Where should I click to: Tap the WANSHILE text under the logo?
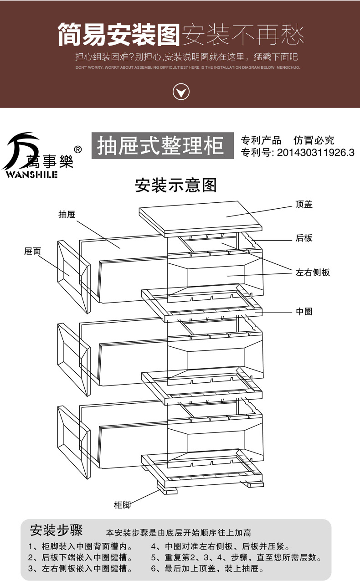click(x=31, y=175)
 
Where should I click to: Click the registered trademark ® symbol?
click(x=77, y=149)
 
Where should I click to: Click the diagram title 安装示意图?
click(x=175, y=185)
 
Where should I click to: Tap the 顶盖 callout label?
click(x=303, y=205)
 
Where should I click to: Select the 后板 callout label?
click(x=304, y=238)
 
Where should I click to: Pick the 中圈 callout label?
click(x=304, y=312)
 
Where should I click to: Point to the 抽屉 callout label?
click(x=67, y=214)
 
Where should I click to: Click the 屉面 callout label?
click(x=32, y=251)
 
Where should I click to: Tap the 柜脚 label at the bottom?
click(x=122, y=505)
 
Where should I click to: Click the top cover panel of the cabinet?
click(x=201, y=218)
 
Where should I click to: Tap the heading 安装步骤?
click(x=56, y=531)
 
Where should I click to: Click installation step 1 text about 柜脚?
click(x=80, y=547)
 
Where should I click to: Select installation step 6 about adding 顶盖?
click(x=207, y=569)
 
